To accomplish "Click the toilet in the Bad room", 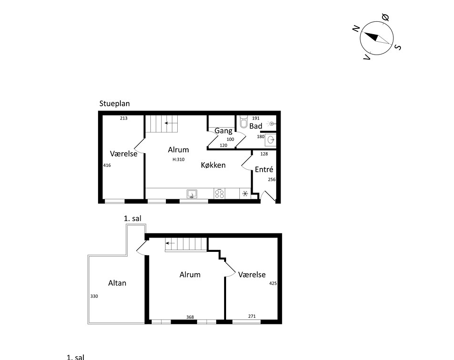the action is click(244, 121).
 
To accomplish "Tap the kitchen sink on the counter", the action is click(191, 194).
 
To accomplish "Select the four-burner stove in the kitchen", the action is click(219, 194).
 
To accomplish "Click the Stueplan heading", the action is click(114, 104).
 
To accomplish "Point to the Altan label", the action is click(117, 283).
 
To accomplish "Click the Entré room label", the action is click(264, 169).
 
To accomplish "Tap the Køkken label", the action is click(213, 165).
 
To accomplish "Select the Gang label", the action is click(223, 131).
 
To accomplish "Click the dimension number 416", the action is click(107, 165).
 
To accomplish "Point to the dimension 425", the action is click(273, 283).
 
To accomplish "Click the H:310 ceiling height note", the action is click(178, 159).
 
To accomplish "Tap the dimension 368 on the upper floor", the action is click(190, 317).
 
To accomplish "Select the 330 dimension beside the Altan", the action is click(94, 296).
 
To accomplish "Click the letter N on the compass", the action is click(356, 28).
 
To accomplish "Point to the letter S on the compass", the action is click(398, 47).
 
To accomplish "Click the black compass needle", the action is click(372, 37).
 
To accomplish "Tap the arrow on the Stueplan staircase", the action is click(171, 123).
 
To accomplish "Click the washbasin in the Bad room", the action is click(271, 140).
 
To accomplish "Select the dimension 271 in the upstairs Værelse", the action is click(252, 316).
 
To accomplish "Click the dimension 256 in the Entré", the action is click(272, 179).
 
